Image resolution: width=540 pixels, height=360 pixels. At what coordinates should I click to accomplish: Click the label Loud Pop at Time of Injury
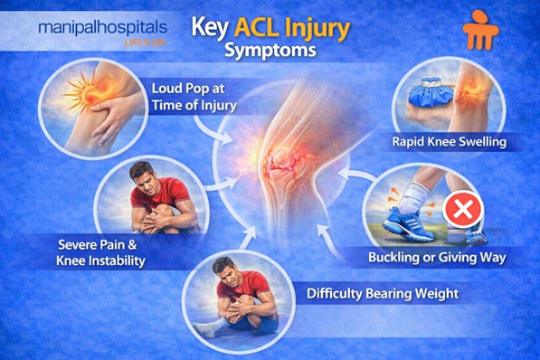pos(194,97)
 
